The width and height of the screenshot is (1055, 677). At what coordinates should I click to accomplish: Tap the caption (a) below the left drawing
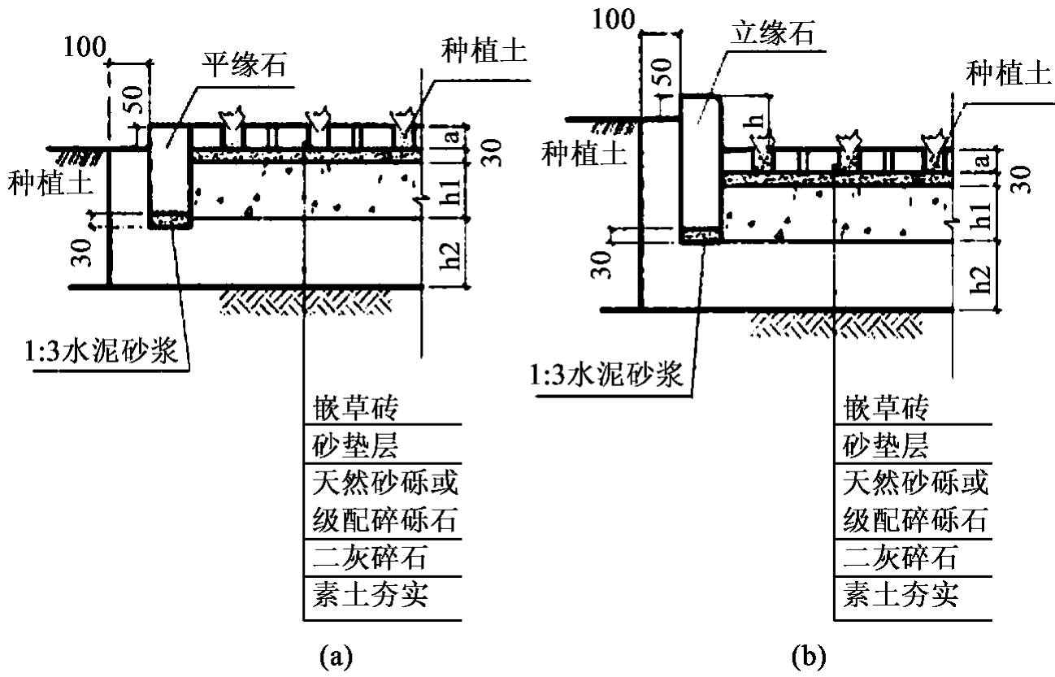(x=336, y=654)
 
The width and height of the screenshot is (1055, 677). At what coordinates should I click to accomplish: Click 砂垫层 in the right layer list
(x=886, y=446)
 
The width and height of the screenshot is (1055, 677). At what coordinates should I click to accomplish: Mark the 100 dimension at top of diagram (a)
(x=84, y=46)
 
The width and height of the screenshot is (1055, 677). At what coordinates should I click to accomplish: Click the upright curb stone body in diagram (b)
(x=701, y=163)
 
